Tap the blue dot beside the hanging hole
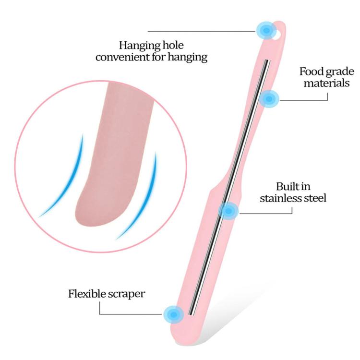[266, 30]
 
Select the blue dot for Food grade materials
[269, 99]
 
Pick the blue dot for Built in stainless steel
[228, 211]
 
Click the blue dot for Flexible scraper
[174, 314]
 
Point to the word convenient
[122, 57]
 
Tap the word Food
[312, 72]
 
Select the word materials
[326, 83]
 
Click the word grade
[340, 72]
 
